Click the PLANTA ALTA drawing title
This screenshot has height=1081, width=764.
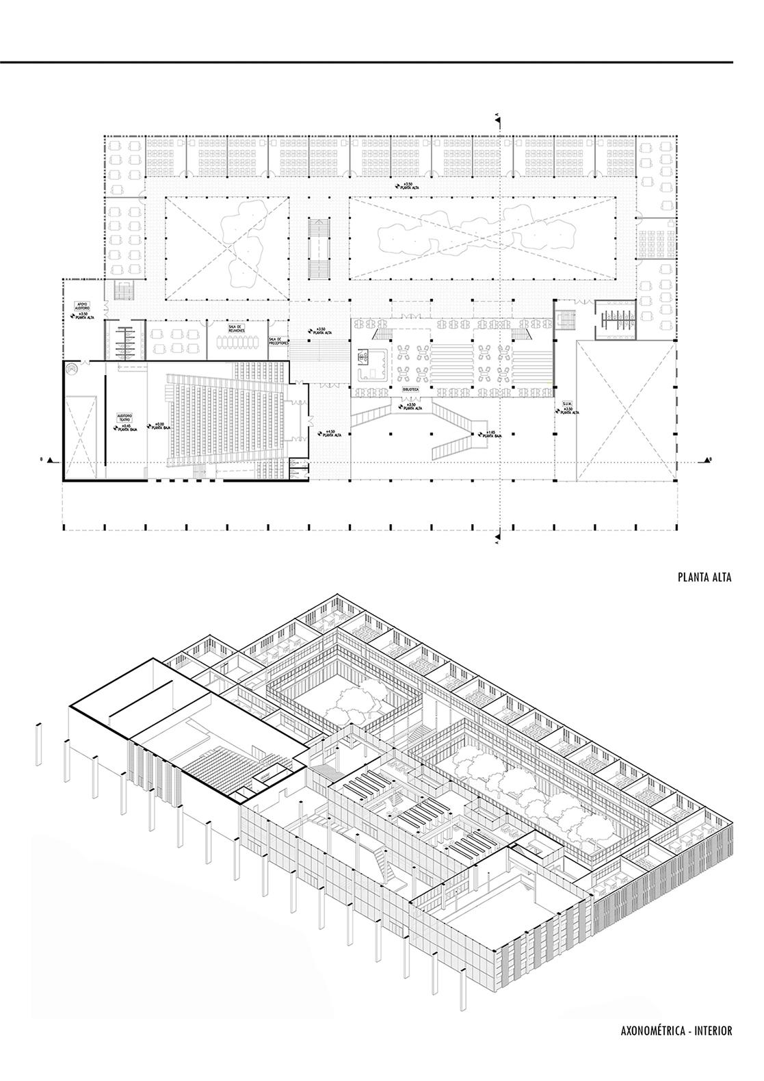[x=704, y=577]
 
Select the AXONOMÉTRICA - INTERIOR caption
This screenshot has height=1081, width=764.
[x=676, y=1030]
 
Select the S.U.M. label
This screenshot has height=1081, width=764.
[x=567, y=404]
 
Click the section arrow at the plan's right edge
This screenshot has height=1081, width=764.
[x=709, y=459]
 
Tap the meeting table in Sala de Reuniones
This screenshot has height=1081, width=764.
[x=237, y=340]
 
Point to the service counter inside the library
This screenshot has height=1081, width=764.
[x=370, y=363]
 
